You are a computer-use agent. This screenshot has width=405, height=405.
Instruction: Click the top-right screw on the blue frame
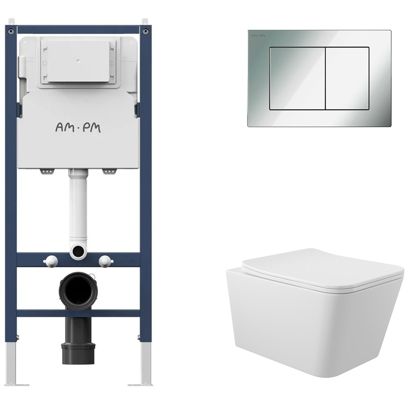pyautogui.click(x=146, y=31)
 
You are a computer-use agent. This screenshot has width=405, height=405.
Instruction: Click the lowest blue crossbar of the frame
pyautogui.click(x=78, y=313)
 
